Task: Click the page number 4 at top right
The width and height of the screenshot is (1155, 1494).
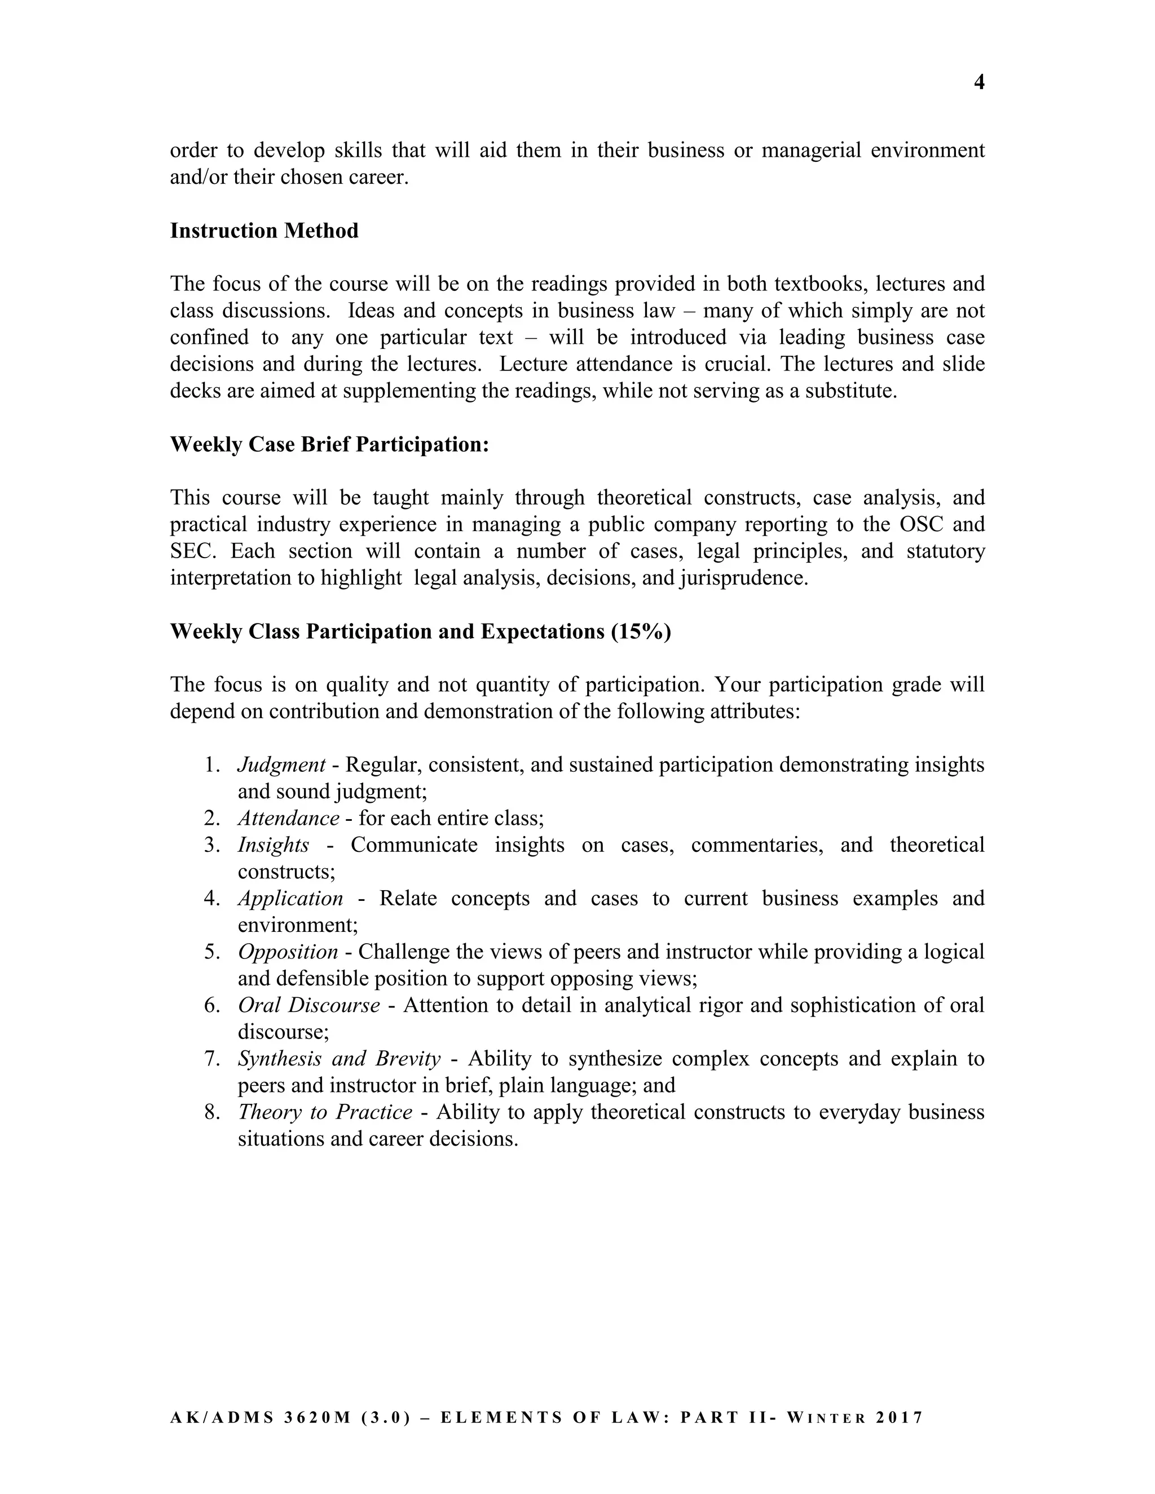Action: click(x=978, y=83)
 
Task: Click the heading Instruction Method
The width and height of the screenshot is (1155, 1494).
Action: click(x=264, y=231)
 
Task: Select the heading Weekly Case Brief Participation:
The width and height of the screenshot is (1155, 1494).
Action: click(x=329, y=445)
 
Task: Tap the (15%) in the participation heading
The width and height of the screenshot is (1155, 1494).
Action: click(x=641, y=631)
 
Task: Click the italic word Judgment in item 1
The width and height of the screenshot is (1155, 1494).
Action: click(x=281, y=765)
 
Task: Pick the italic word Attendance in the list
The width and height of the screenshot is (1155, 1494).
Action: click(x=288, y=818)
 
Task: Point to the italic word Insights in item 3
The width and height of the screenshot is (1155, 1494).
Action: click(x=273, y=845)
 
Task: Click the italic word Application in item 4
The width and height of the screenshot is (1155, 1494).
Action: click(x=290, y=898)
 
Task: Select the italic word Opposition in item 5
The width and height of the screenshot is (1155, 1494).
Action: click(x=288, y=952)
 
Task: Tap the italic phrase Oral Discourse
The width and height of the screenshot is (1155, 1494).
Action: click(x=308, y=1005)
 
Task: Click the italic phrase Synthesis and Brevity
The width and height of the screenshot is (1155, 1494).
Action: click(x=339, y=1058)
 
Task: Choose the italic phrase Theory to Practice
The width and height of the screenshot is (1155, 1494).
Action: click(x=325, y=1112)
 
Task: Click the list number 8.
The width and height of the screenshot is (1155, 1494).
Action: click(x=211, y=1112)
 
